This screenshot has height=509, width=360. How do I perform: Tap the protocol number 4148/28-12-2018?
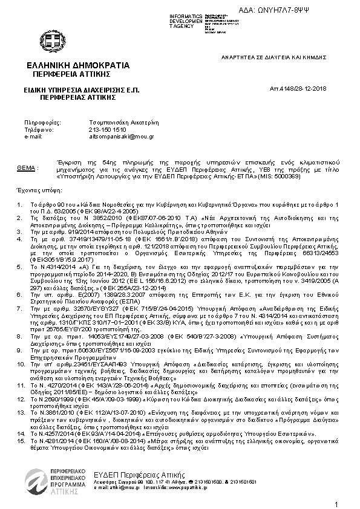pos(298,89)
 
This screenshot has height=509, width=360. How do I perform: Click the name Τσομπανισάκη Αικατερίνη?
pos(123,122)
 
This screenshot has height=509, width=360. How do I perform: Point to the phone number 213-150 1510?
pos(108,129)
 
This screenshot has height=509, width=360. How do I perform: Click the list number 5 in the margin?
pos(19,266)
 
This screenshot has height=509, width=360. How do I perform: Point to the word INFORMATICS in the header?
pos(184,15)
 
